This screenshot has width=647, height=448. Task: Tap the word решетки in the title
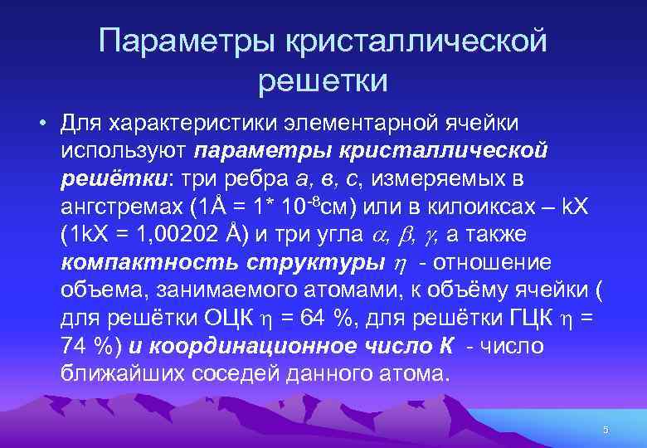(323, 80)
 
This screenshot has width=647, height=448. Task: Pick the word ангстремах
(120, 207)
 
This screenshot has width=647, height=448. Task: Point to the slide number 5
(606, 429)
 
